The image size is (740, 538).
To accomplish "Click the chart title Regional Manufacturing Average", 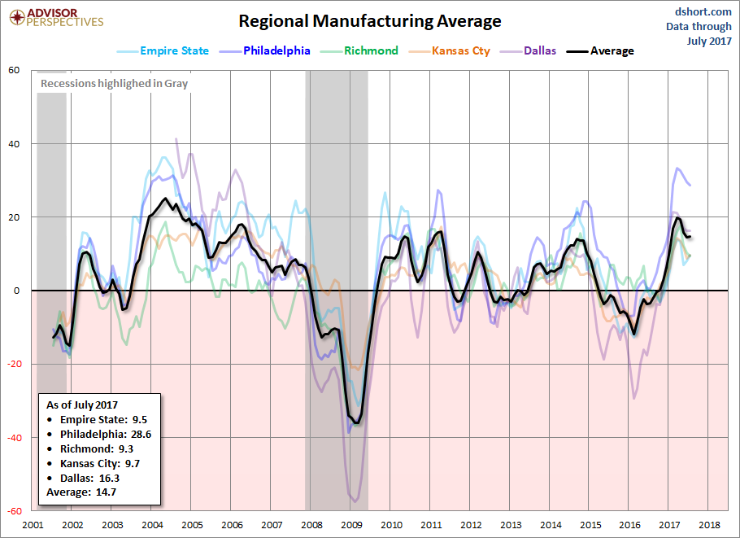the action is coord(369,21).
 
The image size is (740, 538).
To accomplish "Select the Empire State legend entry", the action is coord(163,51).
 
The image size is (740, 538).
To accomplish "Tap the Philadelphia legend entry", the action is coord(265,51).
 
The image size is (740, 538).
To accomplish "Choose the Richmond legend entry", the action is coord(359,51).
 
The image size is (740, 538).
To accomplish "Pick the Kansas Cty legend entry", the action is coord(449,51).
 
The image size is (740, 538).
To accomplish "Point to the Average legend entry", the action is coord(600,51).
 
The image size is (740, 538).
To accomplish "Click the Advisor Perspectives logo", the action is coord(56,18).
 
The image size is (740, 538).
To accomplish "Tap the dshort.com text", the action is coord(703,12).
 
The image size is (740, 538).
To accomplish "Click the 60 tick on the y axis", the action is coord(14,70).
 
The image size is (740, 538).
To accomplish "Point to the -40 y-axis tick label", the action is coord(13,438).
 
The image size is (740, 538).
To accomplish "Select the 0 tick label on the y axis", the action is coord(17,291).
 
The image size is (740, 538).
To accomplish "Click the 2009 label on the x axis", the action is coord(351,525).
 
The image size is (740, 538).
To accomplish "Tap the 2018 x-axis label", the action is coord(709,525).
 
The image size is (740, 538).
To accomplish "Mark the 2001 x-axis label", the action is coord(33,525).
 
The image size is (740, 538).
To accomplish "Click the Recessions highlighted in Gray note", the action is coord(114,84).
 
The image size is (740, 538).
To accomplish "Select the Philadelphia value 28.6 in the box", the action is coord(141,435).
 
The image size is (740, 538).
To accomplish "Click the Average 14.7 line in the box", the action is coord(81,492).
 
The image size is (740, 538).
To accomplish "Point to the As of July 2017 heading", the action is coord(82,405).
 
